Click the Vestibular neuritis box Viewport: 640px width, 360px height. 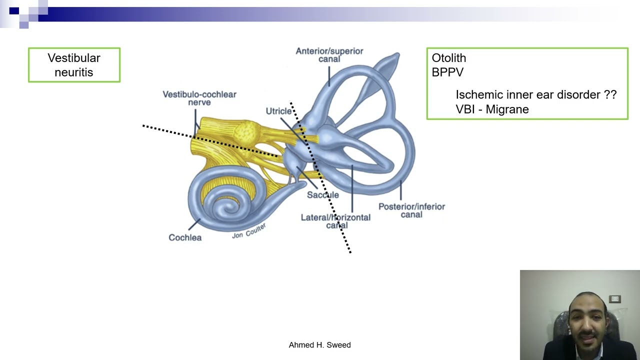point(74,65)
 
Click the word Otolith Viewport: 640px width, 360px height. point(448,58)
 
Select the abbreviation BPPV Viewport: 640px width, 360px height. point(447,72)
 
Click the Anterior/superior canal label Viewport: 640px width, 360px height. point(329,55)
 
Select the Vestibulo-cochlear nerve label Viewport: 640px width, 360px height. point(199,98)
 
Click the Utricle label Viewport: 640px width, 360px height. point(278,111)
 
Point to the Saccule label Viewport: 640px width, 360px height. point(323,195)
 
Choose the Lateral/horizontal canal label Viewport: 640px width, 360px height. point(335,221)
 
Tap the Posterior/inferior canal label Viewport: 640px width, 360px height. point(411,210)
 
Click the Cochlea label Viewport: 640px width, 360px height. point(185,237)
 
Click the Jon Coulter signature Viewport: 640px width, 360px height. point(249,231)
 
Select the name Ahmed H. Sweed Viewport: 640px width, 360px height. point(319,345)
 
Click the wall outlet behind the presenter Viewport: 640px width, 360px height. point(615,299)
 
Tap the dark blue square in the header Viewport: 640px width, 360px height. point(14,11)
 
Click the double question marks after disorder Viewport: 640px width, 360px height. point(610,94)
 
